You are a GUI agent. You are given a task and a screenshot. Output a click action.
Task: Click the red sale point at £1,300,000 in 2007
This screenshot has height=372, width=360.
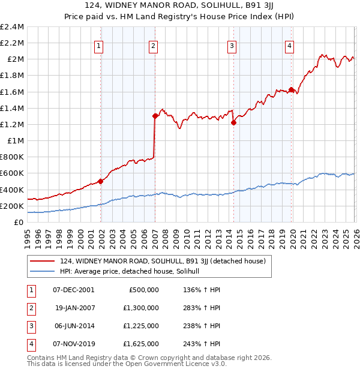(x=155, y=116)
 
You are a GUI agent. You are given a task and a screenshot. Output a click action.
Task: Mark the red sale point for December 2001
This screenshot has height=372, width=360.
(x=100, y=181)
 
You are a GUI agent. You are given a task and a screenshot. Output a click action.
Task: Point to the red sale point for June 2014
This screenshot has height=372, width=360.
(x=234, y=122)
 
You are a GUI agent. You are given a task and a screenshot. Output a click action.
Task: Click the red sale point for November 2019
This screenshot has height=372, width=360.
(x=292, y=90)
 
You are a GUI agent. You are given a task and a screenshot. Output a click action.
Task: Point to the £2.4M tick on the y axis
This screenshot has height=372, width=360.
(x=13, y=27)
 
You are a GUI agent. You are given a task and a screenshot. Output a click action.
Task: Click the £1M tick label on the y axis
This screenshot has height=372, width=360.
(x=15, y=140)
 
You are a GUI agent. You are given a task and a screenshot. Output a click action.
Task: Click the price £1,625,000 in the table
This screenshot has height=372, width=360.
(x=143, y=344)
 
